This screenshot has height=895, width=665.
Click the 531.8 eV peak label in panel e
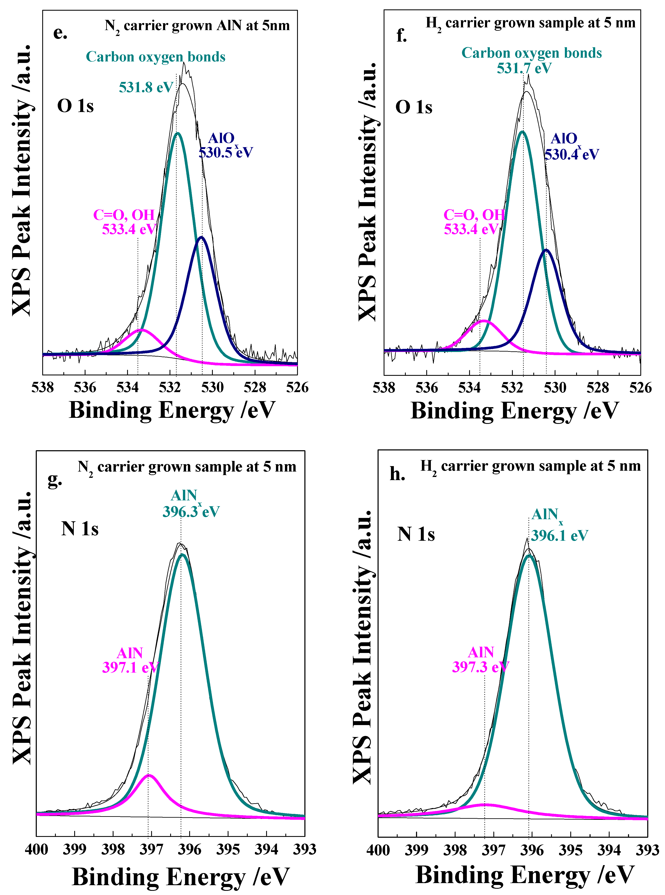click(146, 87)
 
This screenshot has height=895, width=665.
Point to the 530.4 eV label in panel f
click(572, 154)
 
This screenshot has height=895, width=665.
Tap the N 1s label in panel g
click(80, 529)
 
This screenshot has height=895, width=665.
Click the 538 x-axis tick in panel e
click(43, 388)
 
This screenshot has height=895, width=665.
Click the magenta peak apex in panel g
click(149, 775)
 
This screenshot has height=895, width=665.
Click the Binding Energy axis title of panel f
click(514, 411)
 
